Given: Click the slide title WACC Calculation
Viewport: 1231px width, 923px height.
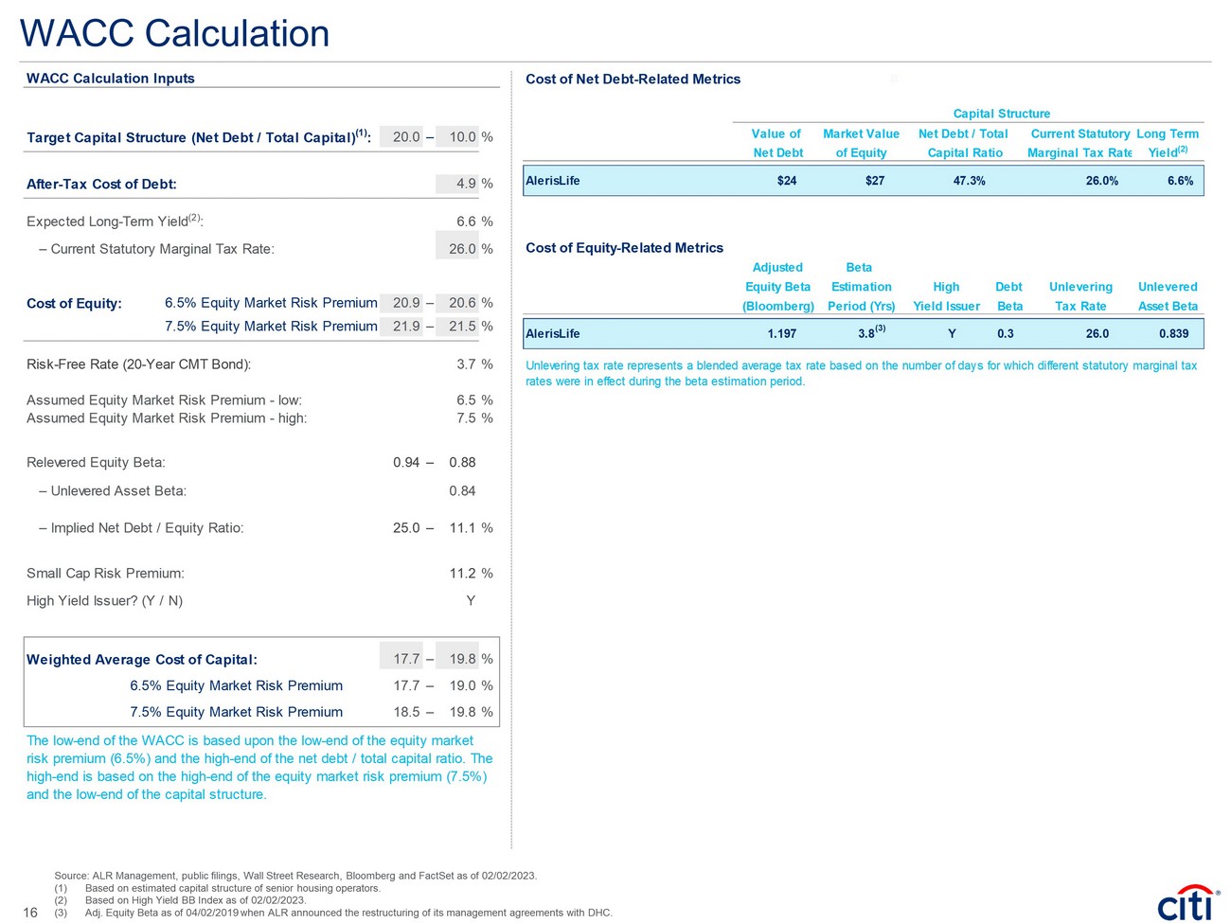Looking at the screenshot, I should click(x=175, y=34).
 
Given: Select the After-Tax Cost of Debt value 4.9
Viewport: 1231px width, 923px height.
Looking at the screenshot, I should click(x=466, y=184).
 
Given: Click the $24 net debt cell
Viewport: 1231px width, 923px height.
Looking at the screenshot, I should click(x=786, y=181).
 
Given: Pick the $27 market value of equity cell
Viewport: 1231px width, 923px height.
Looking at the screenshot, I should click(x=874, y=181).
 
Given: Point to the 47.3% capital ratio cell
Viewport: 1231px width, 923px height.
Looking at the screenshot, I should click(x=969, y=181).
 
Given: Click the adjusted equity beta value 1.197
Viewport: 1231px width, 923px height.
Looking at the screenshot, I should click(x=781, y=334).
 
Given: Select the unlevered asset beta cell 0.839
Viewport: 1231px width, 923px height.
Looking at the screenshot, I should click(x=1173, y=334).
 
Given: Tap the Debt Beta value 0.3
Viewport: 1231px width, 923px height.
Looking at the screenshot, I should click(x=1005, y=334).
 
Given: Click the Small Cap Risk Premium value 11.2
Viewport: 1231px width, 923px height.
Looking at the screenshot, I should click(x=462, y=574).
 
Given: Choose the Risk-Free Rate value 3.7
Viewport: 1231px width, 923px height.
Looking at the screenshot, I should click(x=466, y=364).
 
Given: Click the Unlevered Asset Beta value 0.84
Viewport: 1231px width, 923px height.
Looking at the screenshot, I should click(x=462, y=491).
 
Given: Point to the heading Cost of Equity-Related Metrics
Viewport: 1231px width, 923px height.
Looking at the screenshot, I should click(x=624, y=248).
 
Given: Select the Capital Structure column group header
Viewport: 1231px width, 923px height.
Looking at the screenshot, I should click(x=1001, y=114).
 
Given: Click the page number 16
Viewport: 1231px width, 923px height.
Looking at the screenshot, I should click(x=30, y=913).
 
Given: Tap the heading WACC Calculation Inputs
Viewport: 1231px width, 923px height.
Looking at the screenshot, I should click(x=111, y=79).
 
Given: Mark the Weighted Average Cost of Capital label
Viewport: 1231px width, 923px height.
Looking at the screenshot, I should click(x=142, y=660).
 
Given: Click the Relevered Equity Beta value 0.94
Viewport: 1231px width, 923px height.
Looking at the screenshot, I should click(x=406, y=463).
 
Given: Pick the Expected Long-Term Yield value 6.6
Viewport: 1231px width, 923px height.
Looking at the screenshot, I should click(x=466, y=222).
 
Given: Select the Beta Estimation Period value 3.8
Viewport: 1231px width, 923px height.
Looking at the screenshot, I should click(x=866, y=334).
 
